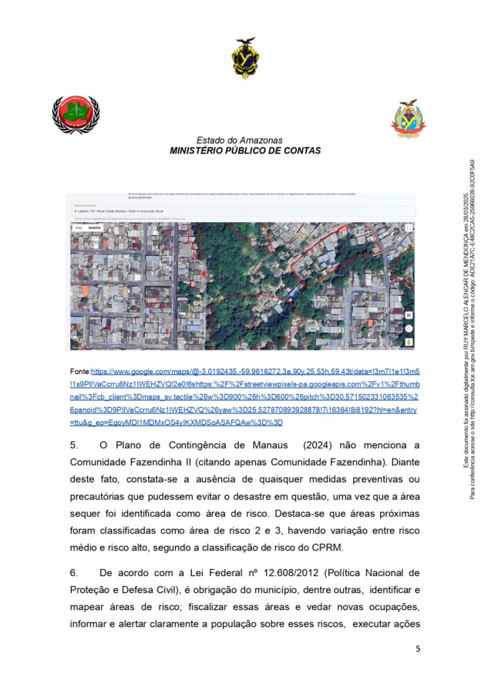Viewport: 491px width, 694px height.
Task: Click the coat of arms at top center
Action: [245, 58]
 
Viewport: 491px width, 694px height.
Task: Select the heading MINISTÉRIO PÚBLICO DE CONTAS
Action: [245, 151]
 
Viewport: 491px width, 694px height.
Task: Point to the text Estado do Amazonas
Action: [239, 140]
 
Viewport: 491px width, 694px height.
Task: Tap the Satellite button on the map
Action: [95, 228]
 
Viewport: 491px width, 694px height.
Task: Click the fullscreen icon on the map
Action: [409, 228]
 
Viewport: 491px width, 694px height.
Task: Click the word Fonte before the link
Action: [79, 371]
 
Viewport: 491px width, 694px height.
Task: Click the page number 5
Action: [417, 649]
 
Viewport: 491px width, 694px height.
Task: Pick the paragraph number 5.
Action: [74, 445]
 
